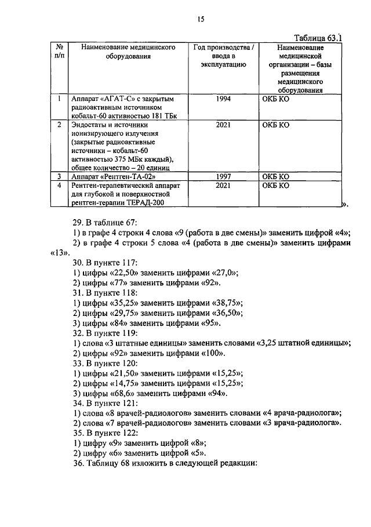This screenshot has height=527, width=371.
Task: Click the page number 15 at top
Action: [x=200, y=19]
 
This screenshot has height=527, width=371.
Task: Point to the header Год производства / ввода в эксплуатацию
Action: [x=223, y=56]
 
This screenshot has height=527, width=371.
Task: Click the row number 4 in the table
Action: [x=59, y=185]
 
